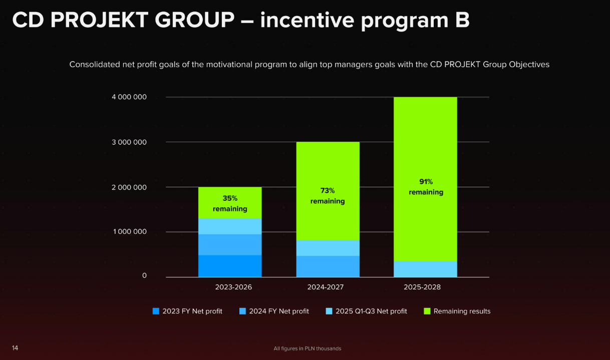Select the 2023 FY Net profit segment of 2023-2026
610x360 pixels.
(x=230, y=266)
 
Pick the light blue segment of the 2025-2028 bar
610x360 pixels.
(x=426, y=269)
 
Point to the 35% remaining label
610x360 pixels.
(x=230, y=203)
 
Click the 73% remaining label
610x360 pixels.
(x=328, y=196)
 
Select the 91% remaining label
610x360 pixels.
(x=426, y=187)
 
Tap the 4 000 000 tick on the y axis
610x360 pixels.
(x=129, y=97)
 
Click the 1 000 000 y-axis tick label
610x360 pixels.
(x=129, y=232)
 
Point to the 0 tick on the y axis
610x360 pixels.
(x=144, y=276)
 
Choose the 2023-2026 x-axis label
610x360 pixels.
(x=233, y=287)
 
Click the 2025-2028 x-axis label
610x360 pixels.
(x=422, y=287)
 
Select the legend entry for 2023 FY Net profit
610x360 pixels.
(x=187, y=311)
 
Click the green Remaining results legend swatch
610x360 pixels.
(x=427, y=311)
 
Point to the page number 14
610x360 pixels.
(x=15, y=348)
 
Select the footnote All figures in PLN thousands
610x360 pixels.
(x=307, y=348)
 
